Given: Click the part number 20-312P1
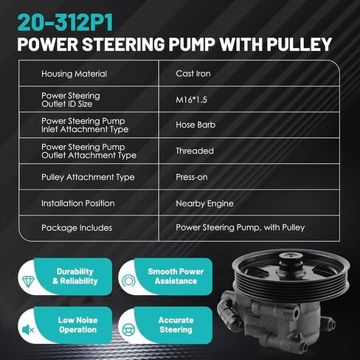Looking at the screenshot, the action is tap(65, 23).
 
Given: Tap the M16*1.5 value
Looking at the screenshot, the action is tap(191, 100).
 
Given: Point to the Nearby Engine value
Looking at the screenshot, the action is tap(204, 204).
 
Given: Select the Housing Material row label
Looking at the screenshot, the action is tap(74, 74).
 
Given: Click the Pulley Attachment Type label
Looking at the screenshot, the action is tap(88, 177).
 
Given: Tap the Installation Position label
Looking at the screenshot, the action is tap(78, 204).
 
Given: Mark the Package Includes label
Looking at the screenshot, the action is tap(77, 228).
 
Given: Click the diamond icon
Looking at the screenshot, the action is tap(28, 281).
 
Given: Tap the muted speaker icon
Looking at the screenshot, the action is tap(28, 330).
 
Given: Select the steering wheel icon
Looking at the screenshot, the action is tap(128, 330).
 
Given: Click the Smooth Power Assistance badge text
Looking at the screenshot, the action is tap(176, 276).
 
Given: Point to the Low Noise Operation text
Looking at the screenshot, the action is tap(77, 325).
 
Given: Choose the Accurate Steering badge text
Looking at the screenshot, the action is tap(176, 325).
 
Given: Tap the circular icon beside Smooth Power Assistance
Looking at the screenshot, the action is tap(128, 281).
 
